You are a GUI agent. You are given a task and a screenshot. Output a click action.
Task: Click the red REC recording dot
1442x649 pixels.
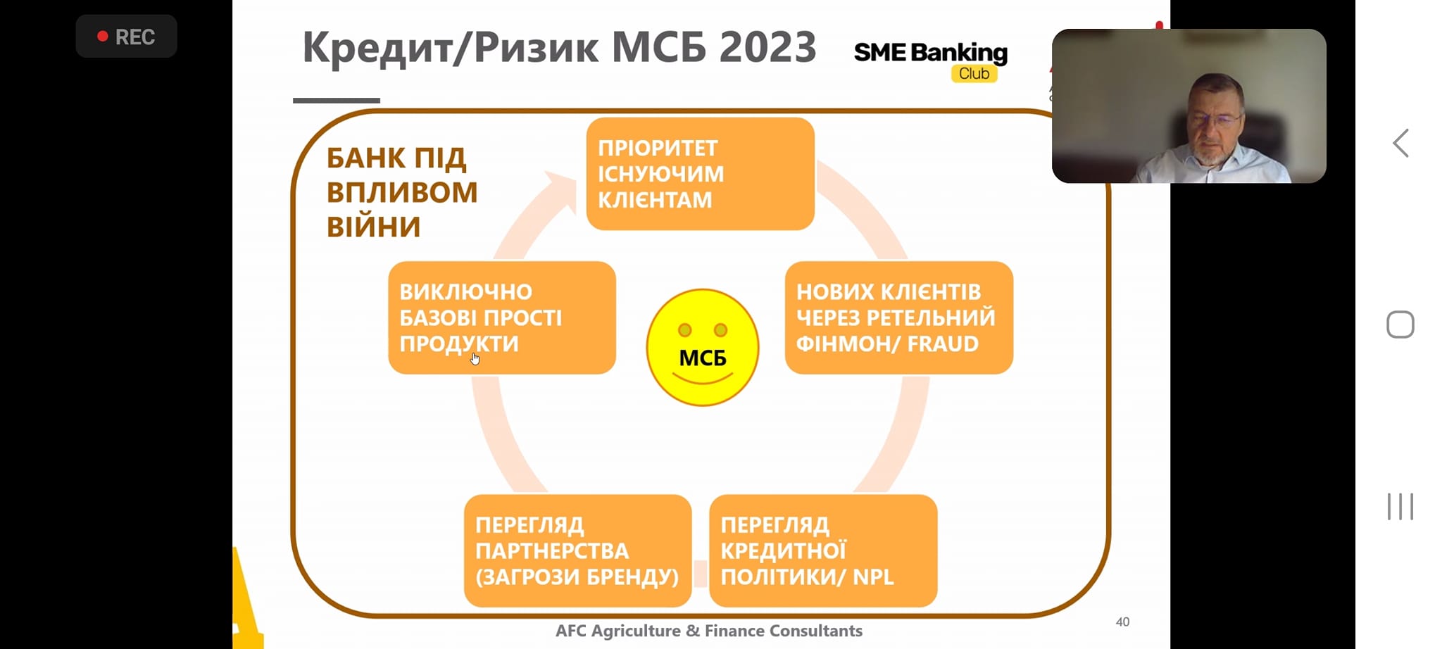click(x=103, y=36)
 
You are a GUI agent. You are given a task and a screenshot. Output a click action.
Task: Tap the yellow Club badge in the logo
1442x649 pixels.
click(x=974, y=73)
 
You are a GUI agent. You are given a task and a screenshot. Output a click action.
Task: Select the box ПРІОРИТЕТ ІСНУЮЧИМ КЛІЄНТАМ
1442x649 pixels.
click(x=701, y=174)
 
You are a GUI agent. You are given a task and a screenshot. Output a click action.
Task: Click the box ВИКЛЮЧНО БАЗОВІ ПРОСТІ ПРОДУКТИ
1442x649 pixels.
click(x=502, y=317)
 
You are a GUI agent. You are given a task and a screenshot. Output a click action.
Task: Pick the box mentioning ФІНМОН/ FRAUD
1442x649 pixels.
click(x=899, y=317)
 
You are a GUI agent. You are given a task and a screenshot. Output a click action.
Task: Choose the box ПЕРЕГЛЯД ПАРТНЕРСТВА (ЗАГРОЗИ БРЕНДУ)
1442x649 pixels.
click(x=577, y=550)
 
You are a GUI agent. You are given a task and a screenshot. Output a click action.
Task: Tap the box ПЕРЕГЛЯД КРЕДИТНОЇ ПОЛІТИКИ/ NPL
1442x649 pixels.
click(x=823, y=550)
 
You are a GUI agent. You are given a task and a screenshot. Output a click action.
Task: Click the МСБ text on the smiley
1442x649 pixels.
click(x=703, y=358)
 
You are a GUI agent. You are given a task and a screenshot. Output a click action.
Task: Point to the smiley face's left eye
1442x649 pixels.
click(x=684, y=330)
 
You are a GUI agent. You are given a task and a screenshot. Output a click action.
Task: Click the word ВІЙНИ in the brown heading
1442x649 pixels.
click(x=373, y=227)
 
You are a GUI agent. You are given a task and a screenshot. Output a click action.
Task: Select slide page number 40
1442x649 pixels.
click(x=1122, y=622)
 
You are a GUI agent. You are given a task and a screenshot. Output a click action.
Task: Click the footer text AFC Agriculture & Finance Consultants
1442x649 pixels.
click(x=709, y=631)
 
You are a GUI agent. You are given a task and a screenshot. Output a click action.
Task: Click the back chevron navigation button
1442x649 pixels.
click(x=1400, y=143)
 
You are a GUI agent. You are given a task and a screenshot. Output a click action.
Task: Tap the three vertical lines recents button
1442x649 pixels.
click(x=1400, y=506)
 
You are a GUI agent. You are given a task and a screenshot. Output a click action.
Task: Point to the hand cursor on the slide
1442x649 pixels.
click(x=475, y=359)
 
